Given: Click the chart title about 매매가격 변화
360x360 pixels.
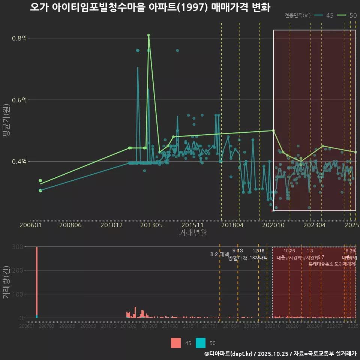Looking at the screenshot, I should [150, 7].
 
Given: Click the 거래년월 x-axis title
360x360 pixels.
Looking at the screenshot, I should [193, 233].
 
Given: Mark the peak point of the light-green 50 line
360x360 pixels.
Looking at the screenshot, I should [149, 35].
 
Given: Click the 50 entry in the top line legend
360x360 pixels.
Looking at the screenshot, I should [349, 15].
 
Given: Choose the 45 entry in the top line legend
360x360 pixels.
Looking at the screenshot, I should [325, 15].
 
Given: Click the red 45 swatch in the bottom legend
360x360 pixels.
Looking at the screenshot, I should [175, 343].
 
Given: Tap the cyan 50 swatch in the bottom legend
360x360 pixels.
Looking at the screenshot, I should [201, 343].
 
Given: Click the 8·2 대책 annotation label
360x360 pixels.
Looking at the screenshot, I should [219, 254].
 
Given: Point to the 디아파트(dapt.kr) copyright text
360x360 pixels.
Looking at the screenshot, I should [229, 354].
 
